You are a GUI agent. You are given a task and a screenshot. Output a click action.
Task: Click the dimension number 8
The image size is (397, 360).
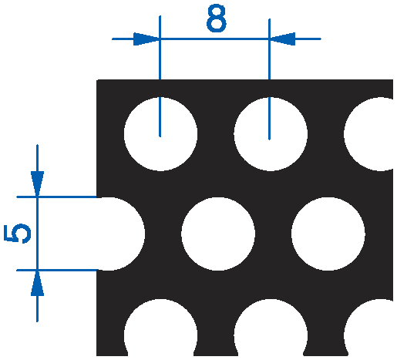217,19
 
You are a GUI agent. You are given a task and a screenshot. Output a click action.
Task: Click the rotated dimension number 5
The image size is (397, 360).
17,234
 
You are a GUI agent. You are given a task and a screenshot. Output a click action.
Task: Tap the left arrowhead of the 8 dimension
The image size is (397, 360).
146,39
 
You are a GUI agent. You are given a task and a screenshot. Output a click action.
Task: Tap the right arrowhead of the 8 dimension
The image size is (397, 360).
282,39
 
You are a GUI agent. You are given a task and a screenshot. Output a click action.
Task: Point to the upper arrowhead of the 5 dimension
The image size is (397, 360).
37,184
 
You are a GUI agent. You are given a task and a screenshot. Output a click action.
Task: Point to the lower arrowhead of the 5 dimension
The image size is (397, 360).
37,283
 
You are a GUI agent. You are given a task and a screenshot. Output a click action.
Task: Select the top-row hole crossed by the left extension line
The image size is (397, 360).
160,134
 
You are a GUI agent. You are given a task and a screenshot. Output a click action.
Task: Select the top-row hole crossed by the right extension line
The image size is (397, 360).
271,134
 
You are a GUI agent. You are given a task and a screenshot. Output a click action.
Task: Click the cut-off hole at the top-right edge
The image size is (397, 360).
368,134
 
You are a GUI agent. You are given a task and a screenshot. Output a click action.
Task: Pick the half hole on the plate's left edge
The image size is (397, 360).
121,234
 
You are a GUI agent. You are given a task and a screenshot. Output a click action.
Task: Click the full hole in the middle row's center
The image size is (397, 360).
218,234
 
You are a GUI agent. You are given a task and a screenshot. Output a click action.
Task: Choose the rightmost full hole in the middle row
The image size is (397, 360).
328,234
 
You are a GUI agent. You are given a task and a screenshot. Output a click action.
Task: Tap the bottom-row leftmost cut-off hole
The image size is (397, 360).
160,327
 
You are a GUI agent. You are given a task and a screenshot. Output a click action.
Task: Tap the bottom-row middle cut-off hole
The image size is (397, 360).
271,327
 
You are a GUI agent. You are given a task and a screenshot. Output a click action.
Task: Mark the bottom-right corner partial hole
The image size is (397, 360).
368,327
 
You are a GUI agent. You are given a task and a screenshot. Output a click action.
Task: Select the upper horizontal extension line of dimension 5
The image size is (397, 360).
57,197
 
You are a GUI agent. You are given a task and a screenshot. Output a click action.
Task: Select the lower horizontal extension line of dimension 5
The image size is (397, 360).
57,270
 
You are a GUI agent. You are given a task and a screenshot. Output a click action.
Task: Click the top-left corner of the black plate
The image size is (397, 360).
96,80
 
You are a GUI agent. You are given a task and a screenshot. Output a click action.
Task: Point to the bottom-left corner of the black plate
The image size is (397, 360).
96,356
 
